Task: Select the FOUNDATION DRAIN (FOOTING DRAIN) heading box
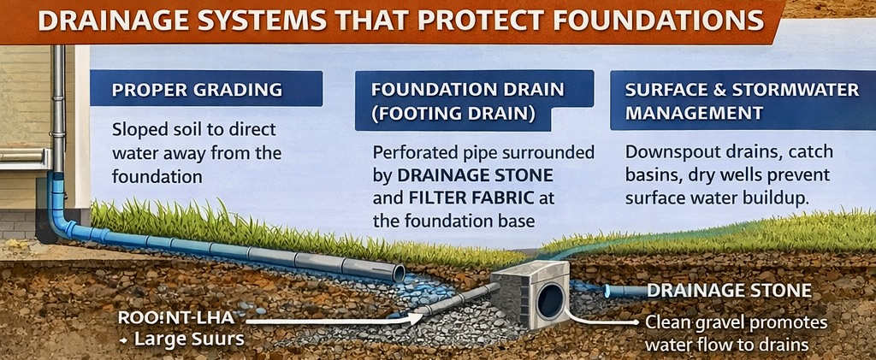tap(469, 100)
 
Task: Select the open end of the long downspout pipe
tap(398, 273)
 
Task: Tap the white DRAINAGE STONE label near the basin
tap(728, 291)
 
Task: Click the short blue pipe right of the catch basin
tap(624, 292)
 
